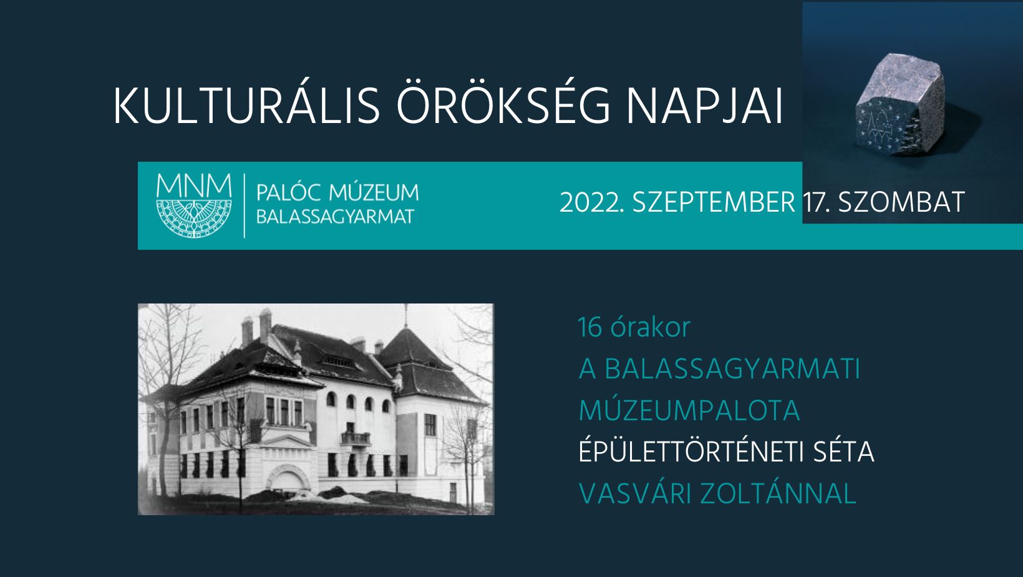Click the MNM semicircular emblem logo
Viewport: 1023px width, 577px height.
(x=193, y=205)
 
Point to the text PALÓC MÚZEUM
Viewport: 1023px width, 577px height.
(x=337, y=192)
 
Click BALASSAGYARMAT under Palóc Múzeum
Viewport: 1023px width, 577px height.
(x=335, y=217)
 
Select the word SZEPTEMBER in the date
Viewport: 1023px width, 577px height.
(x=714, y=202)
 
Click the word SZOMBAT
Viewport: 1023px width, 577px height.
(x=901, y=202)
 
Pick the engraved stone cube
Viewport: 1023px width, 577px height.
(x=899, y=105)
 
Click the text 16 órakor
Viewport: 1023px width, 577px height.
(x=634, y=327)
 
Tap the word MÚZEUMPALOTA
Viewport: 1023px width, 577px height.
(x=689, y=410)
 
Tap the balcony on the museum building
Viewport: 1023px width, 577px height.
(x=356, y=440)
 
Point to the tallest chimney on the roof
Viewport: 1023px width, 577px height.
(x=265, y=325)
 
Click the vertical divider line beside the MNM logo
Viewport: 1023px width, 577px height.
(x=245, y=205)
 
